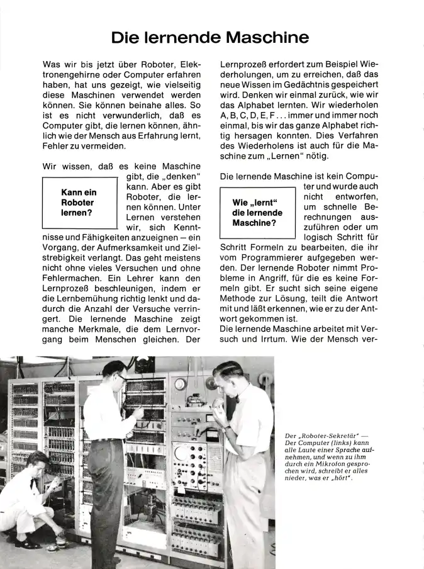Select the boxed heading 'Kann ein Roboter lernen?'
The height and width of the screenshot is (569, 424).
click(x=78, y=202)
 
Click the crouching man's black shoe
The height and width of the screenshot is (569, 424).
click(x=26, y=542)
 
